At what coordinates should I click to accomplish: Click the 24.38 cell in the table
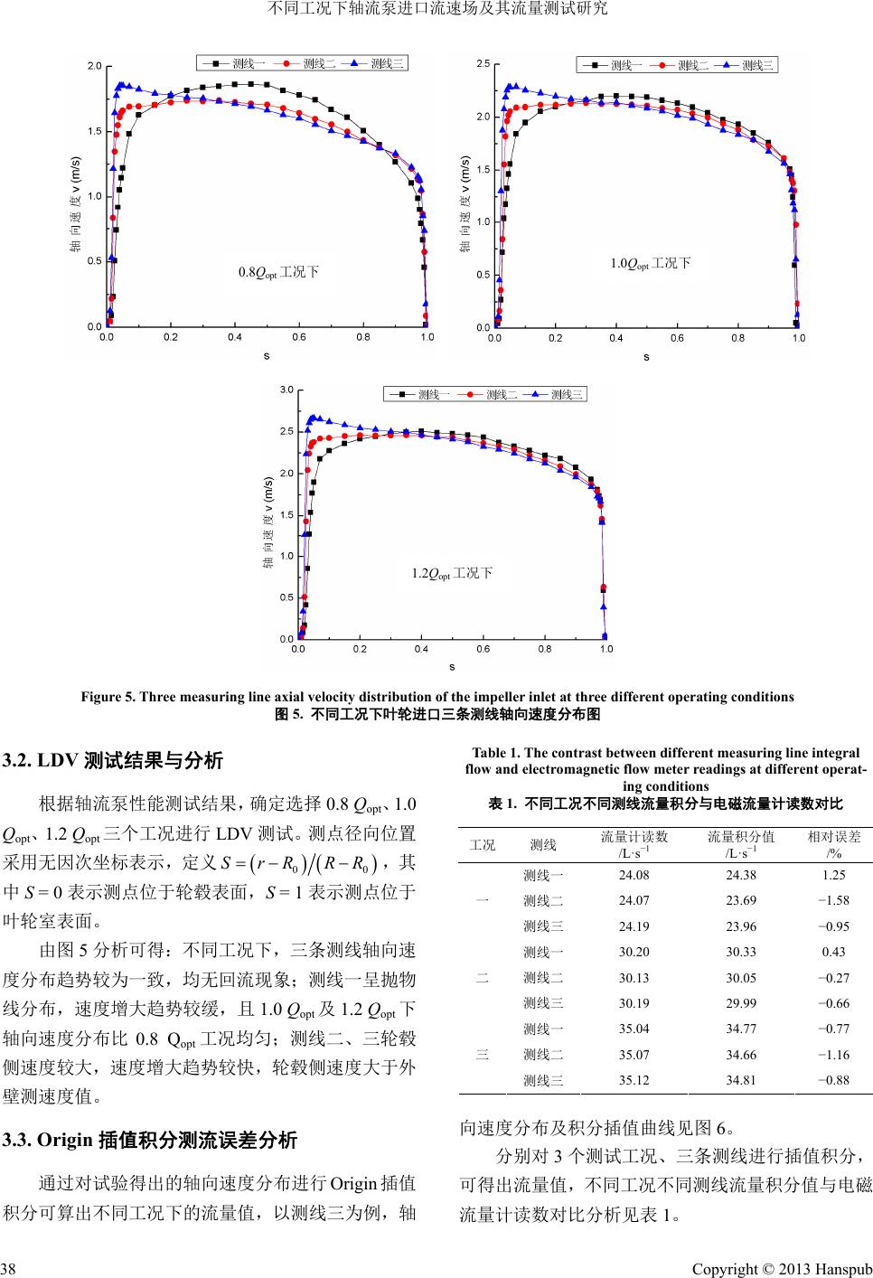(x=740, y=875)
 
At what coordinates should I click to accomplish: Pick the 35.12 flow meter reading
(x=634, y=1080)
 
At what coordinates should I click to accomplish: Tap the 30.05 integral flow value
(x=740, y=978)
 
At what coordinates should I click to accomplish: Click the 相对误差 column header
(x=833, y=844)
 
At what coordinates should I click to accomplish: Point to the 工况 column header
(x=483, y=845)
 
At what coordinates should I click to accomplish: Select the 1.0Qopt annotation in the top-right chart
(x=651, y=263)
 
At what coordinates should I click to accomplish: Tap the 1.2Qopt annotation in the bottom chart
(x=452, y=573)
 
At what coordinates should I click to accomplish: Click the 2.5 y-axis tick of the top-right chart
(x=483, y=64)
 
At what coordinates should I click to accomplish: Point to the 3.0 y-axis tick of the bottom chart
(x=286, y=390)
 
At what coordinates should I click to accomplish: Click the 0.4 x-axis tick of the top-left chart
(x=235, y=337)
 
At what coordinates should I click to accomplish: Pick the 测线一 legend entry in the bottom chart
(x=432, y=394)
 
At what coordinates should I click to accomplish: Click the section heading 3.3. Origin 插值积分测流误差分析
(x=150, y=1141)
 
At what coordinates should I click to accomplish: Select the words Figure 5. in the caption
(x=108, y=697)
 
